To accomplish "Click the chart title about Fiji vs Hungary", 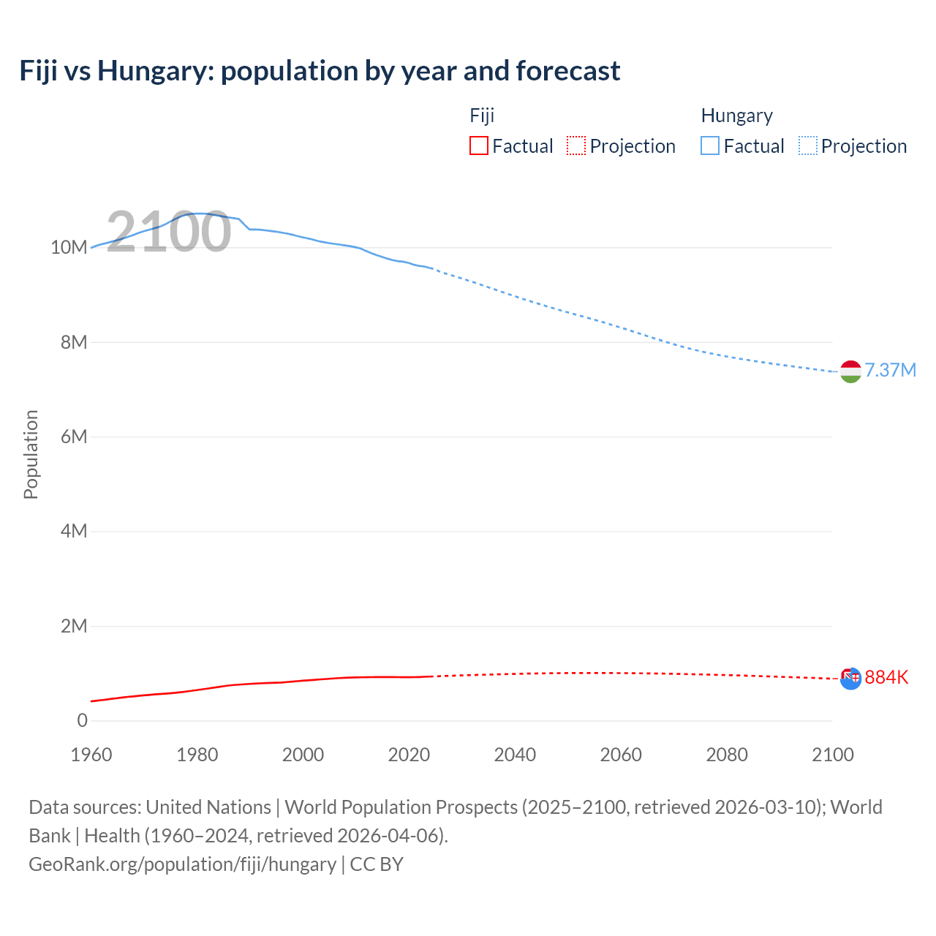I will click(x=320, y=71).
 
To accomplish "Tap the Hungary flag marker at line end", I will click(x=850, y=371).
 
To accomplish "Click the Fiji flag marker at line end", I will click(x=850, y=679).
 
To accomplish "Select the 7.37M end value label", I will click(x=890, y=370).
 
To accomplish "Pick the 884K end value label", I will click(x=886, y=677).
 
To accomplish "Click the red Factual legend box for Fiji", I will click(x=479, y=146).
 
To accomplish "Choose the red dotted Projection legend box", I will click(x=576, y=146).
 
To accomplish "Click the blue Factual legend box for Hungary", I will click(x=710, y=146).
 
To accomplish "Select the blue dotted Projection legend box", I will click(x=807, y=146).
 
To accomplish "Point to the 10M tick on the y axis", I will click(x=69, y=247).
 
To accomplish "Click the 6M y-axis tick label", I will click(x=74, y=437).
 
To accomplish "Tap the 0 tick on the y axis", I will click(x=82, y=720).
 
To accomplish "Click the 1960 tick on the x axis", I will click(x=91, y=755).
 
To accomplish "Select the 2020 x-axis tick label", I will click(x=409, y=755).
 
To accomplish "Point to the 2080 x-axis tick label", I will click(x=727, y=755).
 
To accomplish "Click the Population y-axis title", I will click(x=31, y=454).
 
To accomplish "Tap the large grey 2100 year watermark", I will click(x=169, y=232).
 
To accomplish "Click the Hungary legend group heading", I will click(x=736, y=116).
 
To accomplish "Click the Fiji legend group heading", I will click(x=482, y=116).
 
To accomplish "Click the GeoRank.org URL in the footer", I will click(x=182, y=864).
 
